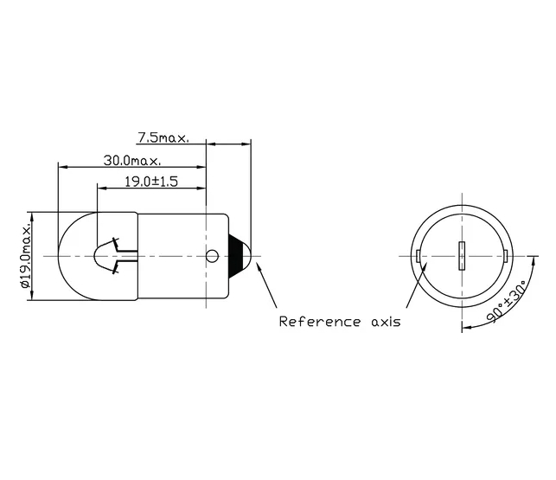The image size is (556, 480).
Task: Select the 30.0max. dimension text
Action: (x=131, y=161)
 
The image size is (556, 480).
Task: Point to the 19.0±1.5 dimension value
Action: (x=151, y=182)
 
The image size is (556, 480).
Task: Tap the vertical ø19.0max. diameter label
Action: (x=25, y=255)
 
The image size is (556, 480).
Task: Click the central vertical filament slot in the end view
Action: (x=462, y=256)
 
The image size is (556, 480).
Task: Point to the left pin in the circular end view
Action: (x=419, y=256)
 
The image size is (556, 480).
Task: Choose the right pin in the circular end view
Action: (x=505, y=256)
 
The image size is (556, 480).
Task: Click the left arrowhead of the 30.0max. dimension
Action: (x=62, y=165)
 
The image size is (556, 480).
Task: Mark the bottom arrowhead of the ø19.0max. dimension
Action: (x=30, y=296)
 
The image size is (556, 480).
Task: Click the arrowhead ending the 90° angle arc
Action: (x=466, y=329)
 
